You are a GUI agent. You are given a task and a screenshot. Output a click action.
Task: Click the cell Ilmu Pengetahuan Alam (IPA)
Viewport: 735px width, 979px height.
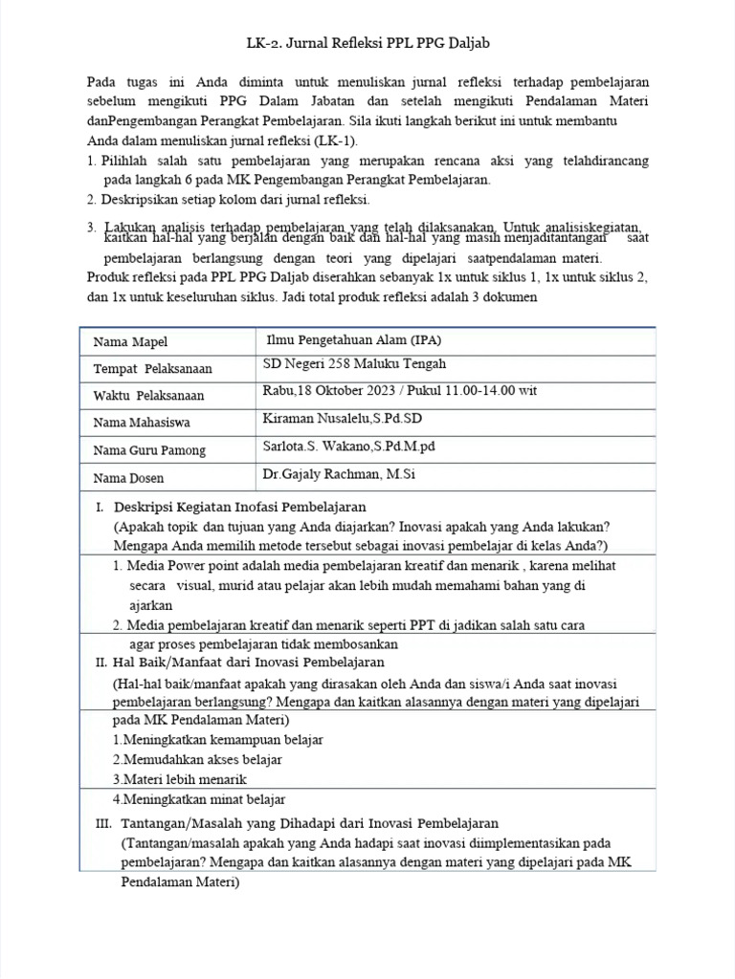[x=354, y=339]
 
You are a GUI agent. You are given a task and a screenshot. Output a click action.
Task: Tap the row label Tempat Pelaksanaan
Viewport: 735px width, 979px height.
[x=152, y=369]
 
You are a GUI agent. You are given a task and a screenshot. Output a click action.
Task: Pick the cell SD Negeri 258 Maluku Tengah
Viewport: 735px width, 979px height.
[x=354, y=364]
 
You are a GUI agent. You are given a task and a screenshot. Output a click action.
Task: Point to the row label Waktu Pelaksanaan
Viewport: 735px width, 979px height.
[x=148, y=396]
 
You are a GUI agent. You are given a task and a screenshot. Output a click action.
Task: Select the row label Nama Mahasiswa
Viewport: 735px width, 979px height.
[x=141, y=423]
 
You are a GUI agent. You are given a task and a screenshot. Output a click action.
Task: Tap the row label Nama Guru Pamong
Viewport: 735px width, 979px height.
[x=149, y=450]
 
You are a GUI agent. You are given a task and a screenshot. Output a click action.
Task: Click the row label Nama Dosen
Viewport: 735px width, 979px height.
[x=128, y=478]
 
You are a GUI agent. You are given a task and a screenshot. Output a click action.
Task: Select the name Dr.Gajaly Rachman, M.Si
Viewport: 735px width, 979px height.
[x=339, y=474]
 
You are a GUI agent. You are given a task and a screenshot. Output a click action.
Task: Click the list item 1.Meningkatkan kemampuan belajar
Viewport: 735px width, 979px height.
[x=217, y=740]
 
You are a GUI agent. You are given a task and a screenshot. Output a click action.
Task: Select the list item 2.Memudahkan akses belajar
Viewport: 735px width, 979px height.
[x=197, y=760]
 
